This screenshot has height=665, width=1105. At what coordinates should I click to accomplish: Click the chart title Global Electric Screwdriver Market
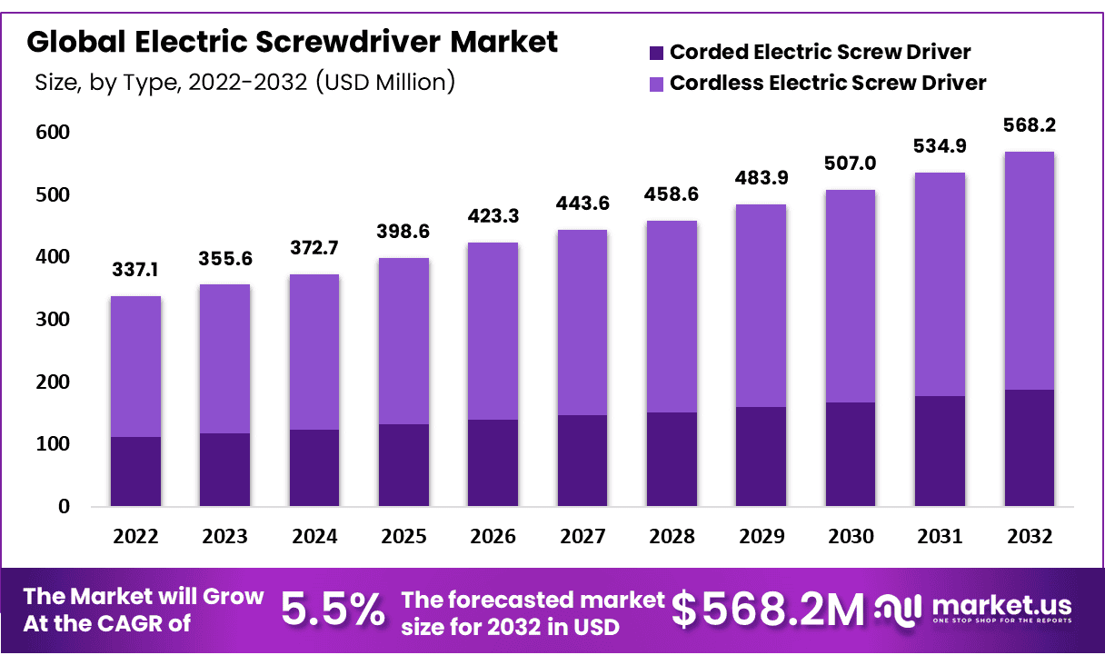(x=293, y=42)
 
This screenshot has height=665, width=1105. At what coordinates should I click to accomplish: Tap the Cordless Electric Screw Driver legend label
(x=828, y=83)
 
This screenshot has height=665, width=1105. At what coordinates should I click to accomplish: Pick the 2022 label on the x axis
(x=135, y=537)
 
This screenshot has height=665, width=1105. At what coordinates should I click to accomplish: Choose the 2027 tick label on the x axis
(x=582, y=537)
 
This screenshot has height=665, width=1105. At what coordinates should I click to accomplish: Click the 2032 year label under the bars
(x=1030, y=537)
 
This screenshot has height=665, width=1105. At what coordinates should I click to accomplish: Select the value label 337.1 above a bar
(x=135, y=271)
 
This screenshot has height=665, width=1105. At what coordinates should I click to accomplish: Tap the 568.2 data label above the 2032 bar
(x=1030, y=125)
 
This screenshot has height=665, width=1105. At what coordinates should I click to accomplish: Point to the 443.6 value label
(x=582, y=204)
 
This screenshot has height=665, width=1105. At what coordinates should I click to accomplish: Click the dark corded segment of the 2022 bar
(x=135, y=471)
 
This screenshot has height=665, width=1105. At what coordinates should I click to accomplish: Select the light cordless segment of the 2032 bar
(x=1030, y=271)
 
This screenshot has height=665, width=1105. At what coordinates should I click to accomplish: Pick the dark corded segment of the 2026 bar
(x=493, y=462)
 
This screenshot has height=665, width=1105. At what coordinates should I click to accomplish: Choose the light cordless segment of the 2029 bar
(x=762, y=305)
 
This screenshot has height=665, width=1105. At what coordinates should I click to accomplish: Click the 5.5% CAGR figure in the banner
(x=333, y=610)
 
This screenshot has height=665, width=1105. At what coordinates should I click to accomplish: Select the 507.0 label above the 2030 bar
(x=851, y=164)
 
